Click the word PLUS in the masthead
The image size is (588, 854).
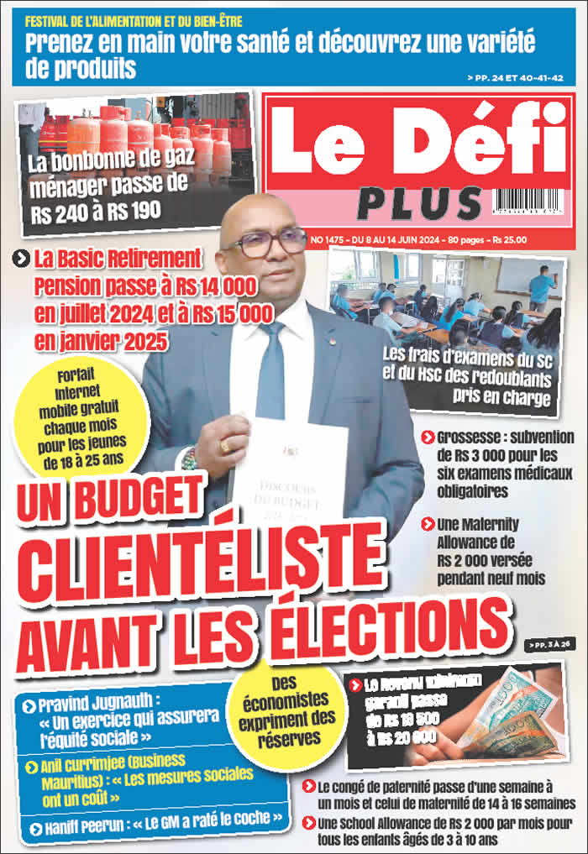(x=419, y=203)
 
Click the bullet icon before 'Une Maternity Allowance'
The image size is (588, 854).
(x=428, y=523)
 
